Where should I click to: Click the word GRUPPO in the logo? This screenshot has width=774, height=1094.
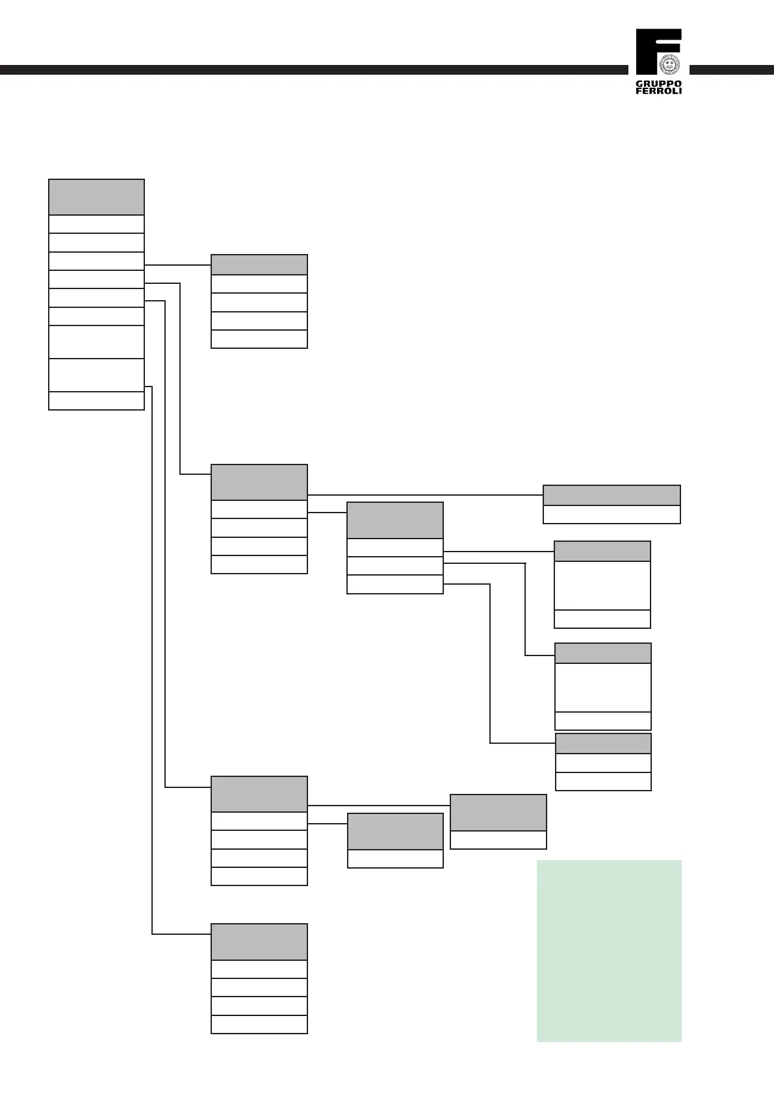coord(658,84)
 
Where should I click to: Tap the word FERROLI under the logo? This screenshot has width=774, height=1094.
coord(658,91)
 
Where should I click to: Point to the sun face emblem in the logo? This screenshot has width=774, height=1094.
coord(669,63)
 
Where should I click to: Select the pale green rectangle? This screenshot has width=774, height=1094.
coord(609,951)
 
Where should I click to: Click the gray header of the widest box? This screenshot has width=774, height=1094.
coord(612,495)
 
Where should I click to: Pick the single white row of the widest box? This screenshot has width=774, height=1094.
coord(612,515)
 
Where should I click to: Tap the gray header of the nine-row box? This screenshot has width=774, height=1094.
coord(96,197)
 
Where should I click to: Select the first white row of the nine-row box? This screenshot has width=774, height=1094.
coord(96,224)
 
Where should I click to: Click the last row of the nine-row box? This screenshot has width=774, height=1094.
coord(96,401)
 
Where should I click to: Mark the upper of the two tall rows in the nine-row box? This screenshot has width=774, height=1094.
coord(96,342)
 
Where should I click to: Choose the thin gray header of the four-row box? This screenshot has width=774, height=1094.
coord(259,265)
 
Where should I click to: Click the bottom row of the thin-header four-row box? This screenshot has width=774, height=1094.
coord(259,339)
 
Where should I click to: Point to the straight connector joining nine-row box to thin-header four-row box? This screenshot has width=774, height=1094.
coord(177,265)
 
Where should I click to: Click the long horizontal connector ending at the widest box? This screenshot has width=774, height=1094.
coord(425,495)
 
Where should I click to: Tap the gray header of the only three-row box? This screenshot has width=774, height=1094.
coord(395,520)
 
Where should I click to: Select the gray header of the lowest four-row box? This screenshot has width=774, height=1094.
coord(259,942)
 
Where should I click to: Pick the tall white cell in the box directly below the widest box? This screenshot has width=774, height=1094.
coord(602,585)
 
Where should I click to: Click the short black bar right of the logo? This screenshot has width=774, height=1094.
coord(731,70)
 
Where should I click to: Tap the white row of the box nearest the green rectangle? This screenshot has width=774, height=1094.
coord(498,840)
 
